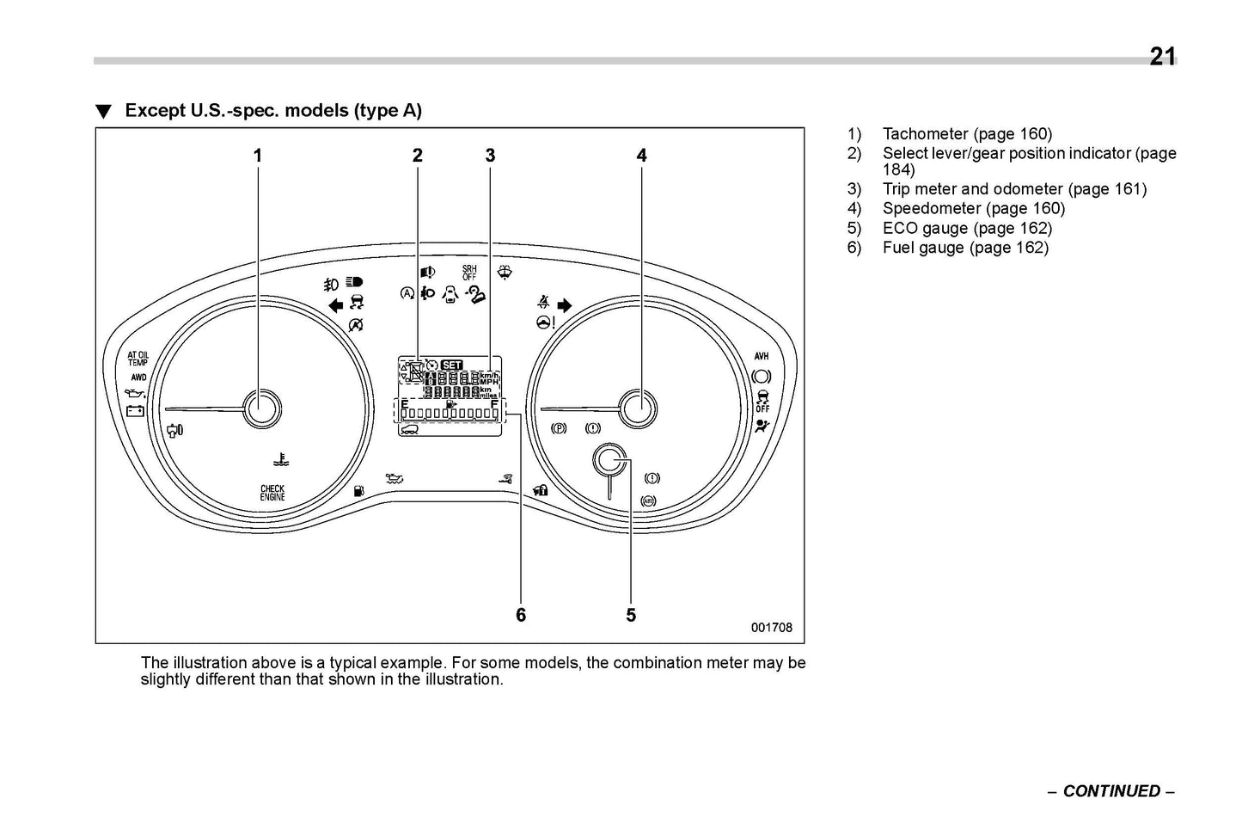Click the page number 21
[1162, 57]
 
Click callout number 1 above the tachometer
[257, 156]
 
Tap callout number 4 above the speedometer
[641, 156]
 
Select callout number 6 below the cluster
[521, 615]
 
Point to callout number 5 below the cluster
[631, 615]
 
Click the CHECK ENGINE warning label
[272, 493]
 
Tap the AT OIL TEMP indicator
[138, 359]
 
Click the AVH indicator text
[762, 356]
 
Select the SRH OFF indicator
[469, 273]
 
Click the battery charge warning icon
[136, 410]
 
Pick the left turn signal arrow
[335, 304]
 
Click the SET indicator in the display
[451, 365]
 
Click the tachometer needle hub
[261, 408]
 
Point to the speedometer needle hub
[639, 408]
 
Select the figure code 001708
[772, 628]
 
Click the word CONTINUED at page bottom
[1111, 791]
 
